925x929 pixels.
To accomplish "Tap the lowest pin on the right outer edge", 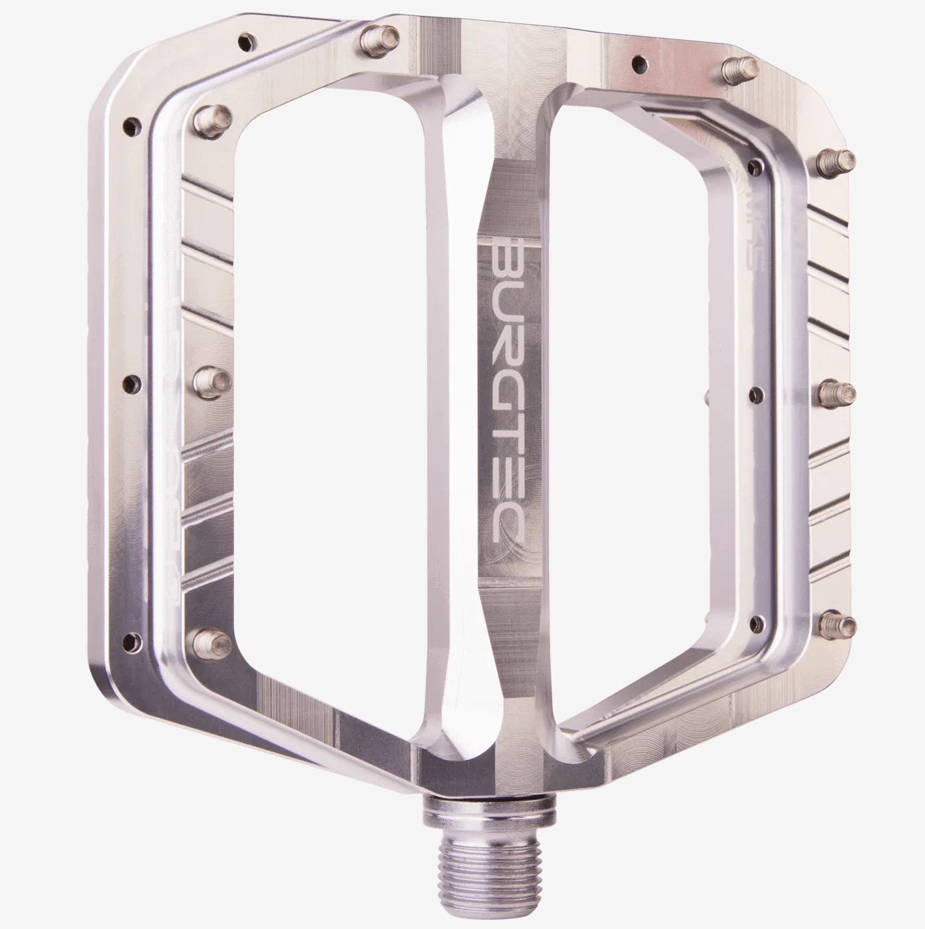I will click(x=839, y=623).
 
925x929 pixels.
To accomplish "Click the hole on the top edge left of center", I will click(x=250, y=40).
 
